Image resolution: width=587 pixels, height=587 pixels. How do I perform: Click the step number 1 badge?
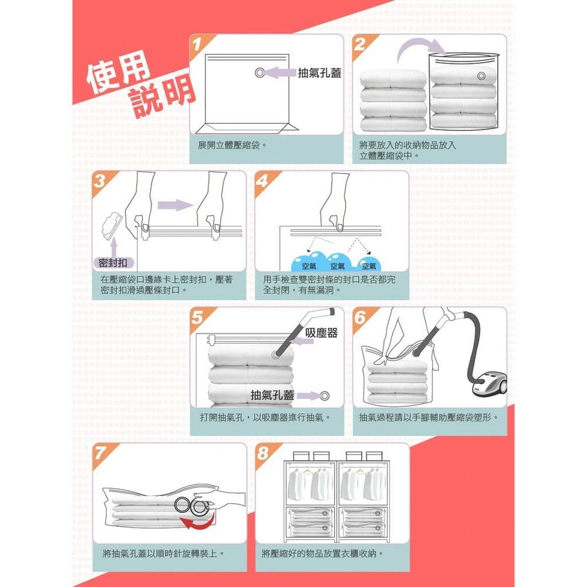[198, 44]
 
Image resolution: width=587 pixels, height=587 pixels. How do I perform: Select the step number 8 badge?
[264, 454]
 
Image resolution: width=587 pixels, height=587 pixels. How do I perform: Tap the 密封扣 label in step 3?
[114, 262]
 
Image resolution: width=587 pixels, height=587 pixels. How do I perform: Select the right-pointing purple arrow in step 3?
[176, 205]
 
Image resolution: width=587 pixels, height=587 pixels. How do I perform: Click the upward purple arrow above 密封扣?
[113, 245]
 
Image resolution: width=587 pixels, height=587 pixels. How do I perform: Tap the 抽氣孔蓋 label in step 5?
[272, 395]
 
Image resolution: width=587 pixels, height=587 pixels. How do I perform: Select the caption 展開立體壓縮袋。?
[232, 144]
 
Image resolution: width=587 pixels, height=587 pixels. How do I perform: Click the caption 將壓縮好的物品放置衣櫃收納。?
[323, 554]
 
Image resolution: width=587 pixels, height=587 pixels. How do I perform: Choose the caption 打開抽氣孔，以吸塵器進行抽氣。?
[264, 417]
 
